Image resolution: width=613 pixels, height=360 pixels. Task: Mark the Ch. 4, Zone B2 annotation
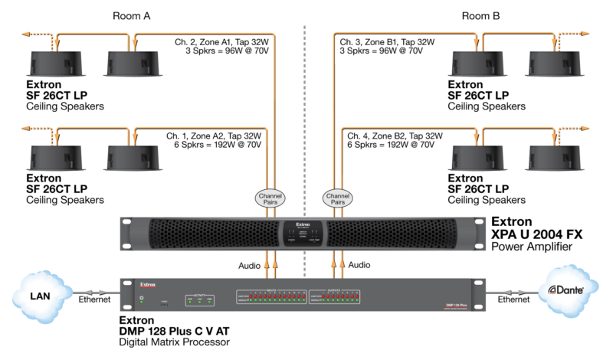coord(391,136)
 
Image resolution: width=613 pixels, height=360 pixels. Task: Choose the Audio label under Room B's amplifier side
coord(359,264)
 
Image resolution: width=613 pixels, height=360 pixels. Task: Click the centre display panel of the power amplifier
coord(304,232)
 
